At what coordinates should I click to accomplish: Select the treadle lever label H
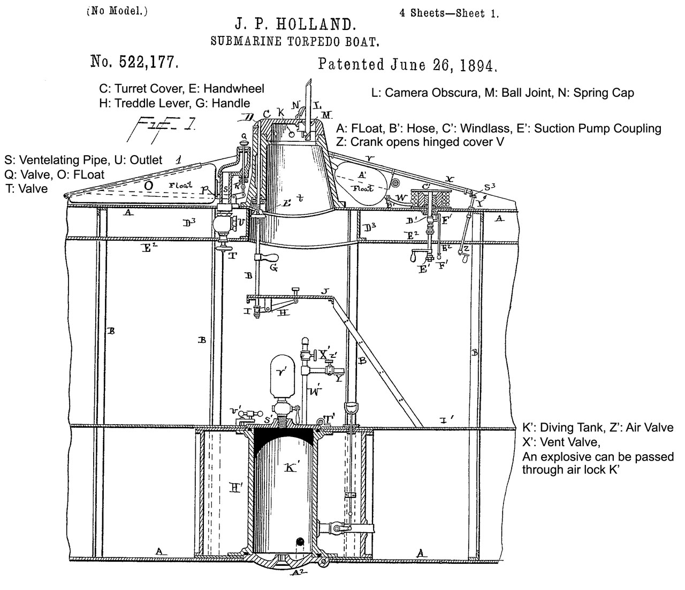click(x=284, y=312)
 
